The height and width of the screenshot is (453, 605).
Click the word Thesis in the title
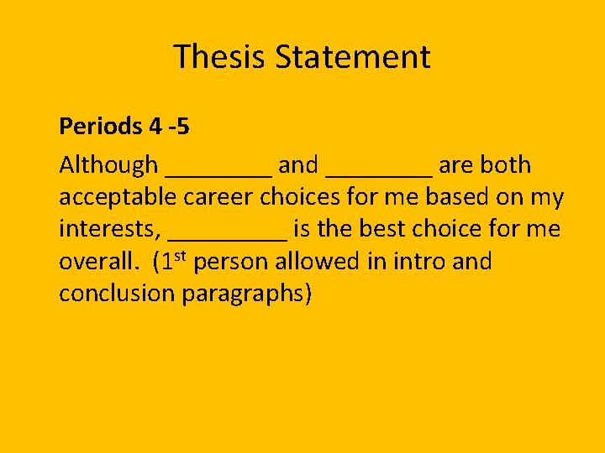[x=220, y=57]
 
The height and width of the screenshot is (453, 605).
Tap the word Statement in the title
[x=353, y=57]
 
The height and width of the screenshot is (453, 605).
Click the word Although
[x=108, y=165]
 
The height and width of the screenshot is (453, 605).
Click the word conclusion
[x=117, y=294]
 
